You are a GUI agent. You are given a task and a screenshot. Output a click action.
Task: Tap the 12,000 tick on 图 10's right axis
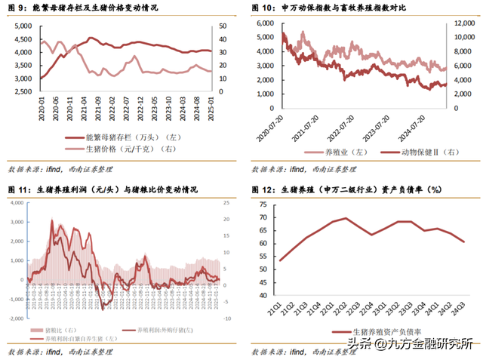[x=462, y=23]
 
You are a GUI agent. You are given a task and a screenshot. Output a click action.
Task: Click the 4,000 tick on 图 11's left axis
[x=15, y=204]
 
